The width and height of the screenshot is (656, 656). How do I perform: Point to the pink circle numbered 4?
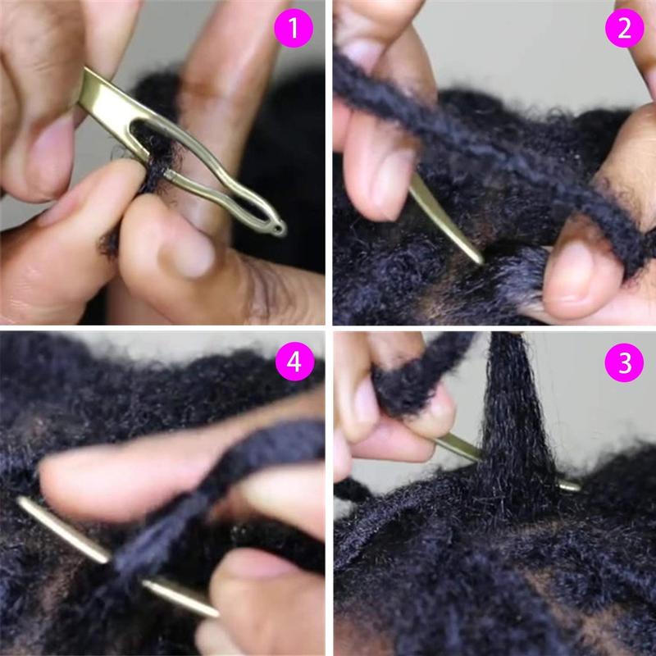click(294, 363)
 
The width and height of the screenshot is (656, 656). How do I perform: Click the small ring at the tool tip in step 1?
click(280, 227)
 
